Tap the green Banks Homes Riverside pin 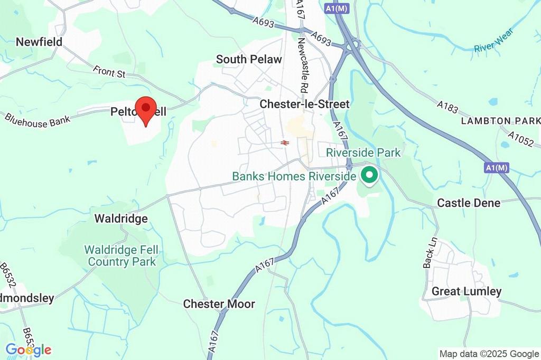[369, 175]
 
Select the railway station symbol [285, 143]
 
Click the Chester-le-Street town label [304, 105]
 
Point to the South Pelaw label [249, 59]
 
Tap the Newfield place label [39, 42]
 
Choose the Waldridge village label [121, 219]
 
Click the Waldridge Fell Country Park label [122, 255]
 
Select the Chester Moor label [219, 304]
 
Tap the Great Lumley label [467, 291]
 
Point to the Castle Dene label [469, 203]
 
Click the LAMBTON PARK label [500, 121]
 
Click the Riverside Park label [363, 153]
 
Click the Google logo [29, 349]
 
